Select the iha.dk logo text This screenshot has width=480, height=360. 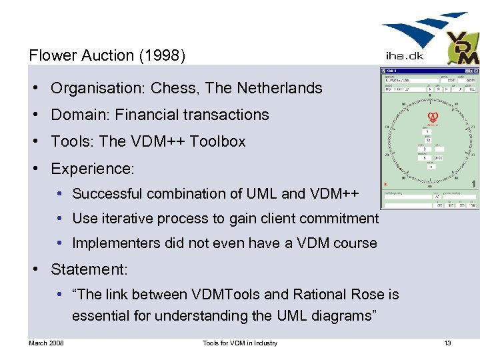click(x=405, y=56)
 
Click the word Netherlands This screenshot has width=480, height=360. click(x=279, y=88)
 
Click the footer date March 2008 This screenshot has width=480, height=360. click(x=46, y=343)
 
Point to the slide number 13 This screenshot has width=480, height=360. click(x=447, y=343)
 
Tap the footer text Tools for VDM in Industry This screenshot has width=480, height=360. click(x=240, y=343)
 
